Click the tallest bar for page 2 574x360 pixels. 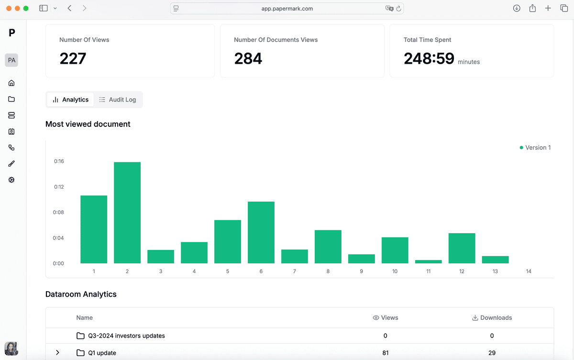click(x=127, y=213)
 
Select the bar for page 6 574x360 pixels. click(x=261, y=232)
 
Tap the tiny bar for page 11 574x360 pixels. click(x=428, y=261)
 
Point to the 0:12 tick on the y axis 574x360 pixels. click(x=59, y=187)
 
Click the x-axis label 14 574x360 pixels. click(x=529, y=271)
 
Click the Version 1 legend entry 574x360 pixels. click(x=535, y=147)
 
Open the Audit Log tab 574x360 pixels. click(x=118, y=100)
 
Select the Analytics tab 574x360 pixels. click(x=70, y=100)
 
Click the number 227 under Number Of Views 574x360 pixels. click(x=73, y=58)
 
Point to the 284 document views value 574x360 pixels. click(x=248, y=58)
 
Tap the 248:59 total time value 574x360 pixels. click(x=429, y=58)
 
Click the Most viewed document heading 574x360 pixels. click(x=88, y=124)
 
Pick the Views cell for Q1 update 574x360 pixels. click(x=385, y=353)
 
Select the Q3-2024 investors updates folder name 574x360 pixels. click(x=126, y=336)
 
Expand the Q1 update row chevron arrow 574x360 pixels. click(x=57, y=353)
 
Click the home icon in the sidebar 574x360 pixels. click(x=11, y=83)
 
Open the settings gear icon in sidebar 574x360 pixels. click(x=11, y=180)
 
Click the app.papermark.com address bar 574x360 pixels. click(x=287, y=8)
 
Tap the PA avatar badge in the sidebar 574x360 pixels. click(x=11, y=60)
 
